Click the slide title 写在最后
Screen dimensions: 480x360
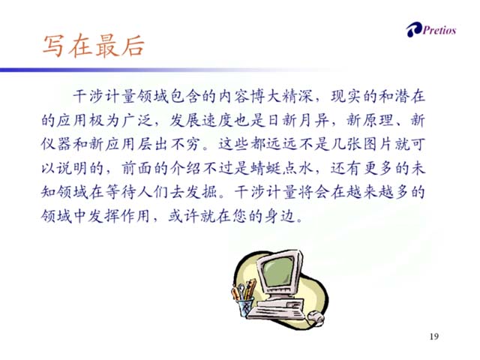click(x=93, y=46)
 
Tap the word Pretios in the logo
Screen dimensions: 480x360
click(x=439, y=30)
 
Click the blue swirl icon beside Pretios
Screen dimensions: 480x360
click(x=414, y=30)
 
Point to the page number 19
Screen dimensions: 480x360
click(x=434, y=337)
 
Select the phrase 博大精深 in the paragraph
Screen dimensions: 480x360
click(x=282, y=97)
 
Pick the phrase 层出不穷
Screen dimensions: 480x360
click(x=168, y=144)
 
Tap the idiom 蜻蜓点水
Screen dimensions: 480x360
click(x=282, y=168)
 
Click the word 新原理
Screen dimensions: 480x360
click(x=370, y=120)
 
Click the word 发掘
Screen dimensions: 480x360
click(x=202, y=192)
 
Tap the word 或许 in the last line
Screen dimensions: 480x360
click(x=184, y=216)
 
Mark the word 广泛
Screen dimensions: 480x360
click(x=136, y=120)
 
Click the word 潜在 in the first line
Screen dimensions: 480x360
click(x=410, y=97)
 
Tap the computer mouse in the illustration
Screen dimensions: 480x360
click(x=316, y=317)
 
